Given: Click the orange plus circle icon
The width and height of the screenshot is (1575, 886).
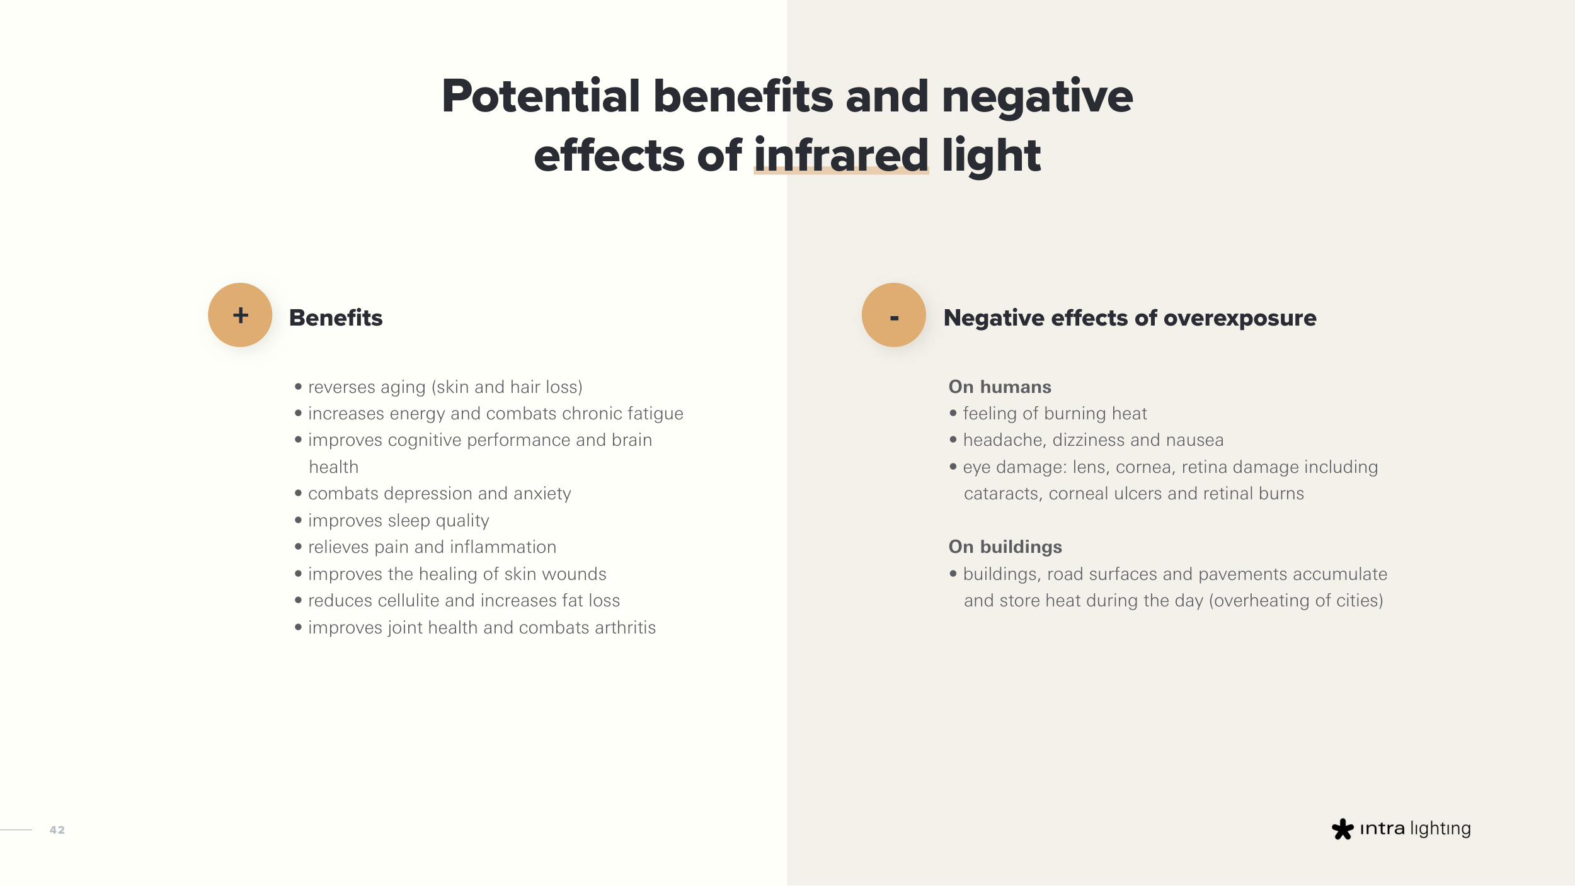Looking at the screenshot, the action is click(240, 315).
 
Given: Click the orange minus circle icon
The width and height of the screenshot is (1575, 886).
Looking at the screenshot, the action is click(893, 315).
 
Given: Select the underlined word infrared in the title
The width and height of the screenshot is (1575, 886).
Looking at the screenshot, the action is click(841, 155).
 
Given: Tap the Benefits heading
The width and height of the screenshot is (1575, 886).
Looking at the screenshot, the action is click(336, 317).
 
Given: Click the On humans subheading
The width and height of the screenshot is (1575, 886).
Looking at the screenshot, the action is click(1000, 387).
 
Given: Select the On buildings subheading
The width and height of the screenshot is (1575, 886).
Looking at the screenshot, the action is click(1005, 547).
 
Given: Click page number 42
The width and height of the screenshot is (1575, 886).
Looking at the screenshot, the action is click(57, 830).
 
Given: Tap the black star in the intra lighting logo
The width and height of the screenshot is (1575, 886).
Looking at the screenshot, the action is click(1343, 829).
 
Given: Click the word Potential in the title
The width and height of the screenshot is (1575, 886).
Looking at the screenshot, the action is click(541, 96).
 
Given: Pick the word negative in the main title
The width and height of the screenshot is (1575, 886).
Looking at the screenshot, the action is click(1037, 97).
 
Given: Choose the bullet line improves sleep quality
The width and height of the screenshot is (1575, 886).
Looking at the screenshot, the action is click(392, 521).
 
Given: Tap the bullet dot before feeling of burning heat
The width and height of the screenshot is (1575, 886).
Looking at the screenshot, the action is click(953, 413).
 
